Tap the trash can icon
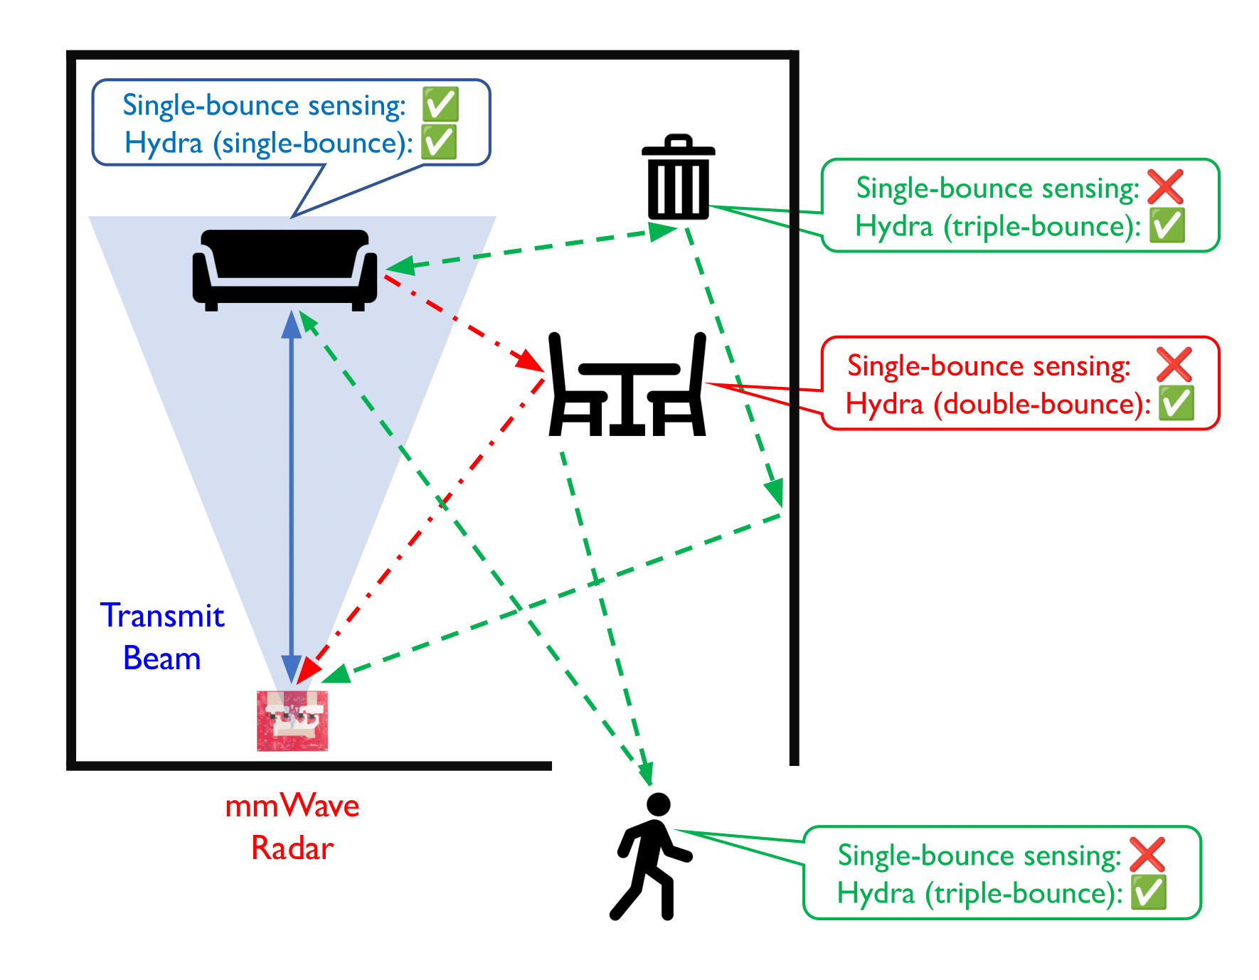click(678, 178)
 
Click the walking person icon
click(649, 857)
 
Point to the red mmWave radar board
click(292, 720)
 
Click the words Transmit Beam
click(162, 637)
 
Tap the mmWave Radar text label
click(292, 826)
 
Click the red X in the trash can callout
click(1165, 187)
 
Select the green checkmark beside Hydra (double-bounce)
click(1176, 403)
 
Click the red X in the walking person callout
click(1147, 854)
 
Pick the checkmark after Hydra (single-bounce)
click(439, 142)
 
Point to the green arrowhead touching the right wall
click(774, 492)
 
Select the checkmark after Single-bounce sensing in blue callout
click(440, 105)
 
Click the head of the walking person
click(659, 804)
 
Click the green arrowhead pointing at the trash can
click(662, 231)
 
